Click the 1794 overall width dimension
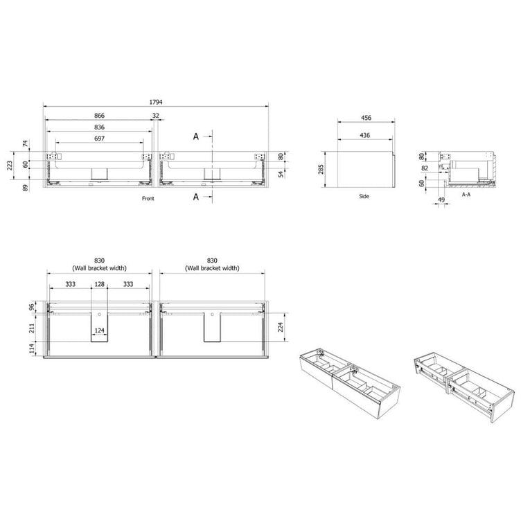point(155,102)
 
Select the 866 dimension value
point(99,116)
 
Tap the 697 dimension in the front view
point(99,139)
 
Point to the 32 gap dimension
point(156,116)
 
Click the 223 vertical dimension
point(10,165)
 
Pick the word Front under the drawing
point(148,198)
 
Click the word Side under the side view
point(364,196)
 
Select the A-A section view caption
point(466,195)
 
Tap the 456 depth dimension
point(367,118)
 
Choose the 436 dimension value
point(365,135)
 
